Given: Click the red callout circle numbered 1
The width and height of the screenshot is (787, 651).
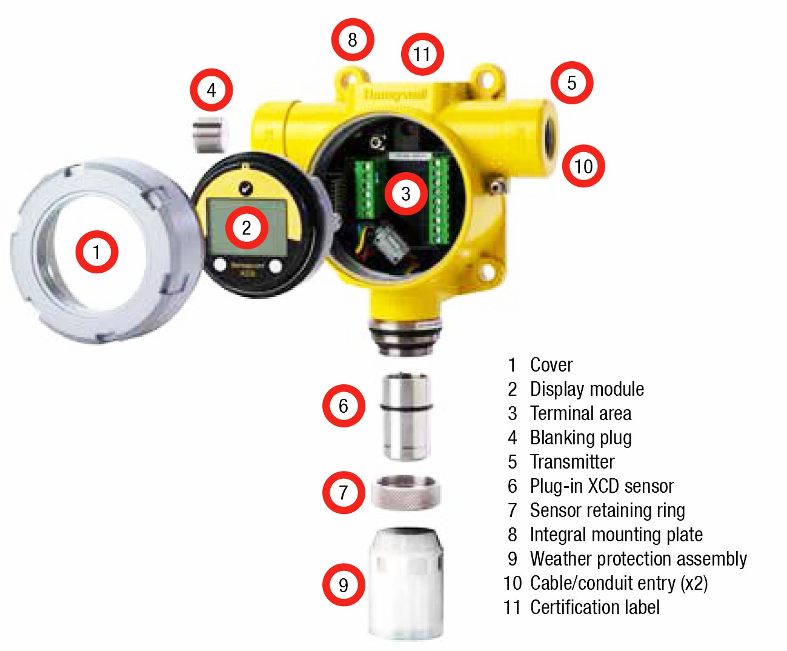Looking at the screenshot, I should click(97, 252).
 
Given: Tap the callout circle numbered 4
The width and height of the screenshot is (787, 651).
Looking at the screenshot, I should click(211, 90).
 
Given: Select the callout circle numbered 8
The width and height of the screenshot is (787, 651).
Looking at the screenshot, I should click(352, 40).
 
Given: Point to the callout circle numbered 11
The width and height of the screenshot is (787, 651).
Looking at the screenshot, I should click(422, 55).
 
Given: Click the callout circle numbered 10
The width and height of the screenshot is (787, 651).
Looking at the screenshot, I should click(583, 166).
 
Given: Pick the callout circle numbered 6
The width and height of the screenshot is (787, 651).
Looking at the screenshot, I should click(344, 406).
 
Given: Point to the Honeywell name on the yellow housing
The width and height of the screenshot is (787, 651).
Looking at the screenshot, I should click(396, 95).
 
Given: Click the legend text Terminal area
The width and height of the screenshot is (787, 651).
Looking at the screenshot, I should click(580, 413).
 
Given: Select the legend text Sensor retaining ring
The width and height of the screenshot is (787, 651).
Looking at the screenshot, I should click(607, 510).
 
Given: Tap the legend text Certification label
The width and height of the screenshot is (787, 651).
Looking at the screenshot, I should click(594, 607).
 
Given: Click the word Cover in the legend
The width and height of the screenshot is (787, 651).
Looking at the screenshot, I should click(551, 365).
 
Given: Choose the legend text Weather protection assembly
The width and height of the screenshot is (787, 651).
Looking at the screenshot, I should click(638, 559).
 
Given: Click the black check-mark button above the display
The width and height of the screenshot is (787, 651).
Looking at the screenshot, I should click(245, 188).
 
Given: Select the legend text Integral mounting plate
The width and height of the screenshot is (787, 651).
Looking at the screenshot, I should click(616, 535).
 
